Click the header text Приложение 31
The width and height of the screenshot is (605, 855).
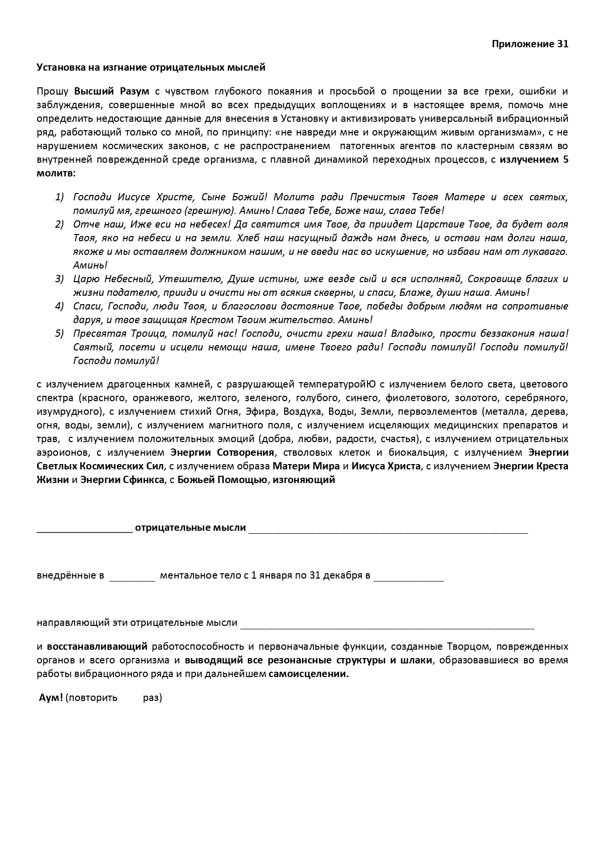tap(530, 44)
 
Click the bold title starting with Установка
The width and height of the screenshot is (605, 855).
tap(151, 67)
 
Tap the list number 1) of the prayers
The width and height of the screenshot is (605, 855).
tap(59, 197)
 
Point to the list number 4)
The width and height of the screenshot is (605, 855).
tap(59, 306)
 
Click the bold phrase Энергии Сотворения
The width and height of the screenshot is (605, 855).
tap(222, 452)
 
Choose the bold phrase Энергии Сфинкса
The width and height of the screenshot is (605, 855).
tap(122, 480)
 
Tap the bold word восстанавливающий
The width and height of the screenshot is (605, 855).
tap(97, 647)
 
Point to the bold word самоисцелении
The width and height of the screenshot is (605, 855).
tap(309, 674)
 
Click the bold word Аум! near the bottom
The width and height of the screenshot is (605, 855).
tap(51, 698)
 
